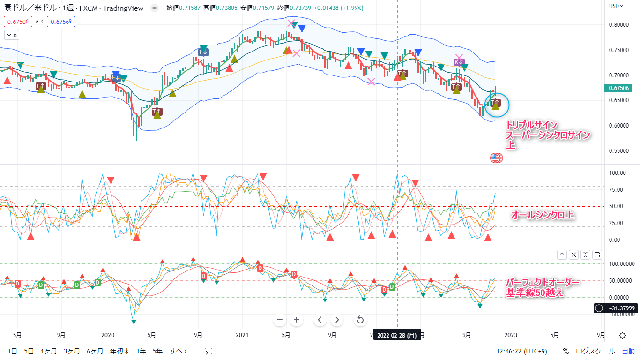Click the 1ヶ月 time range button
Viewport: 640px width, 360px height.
[48, 351]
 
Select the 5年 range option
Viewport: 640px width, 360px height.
[158, 351]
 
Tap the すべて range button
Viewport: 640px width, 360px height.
[179, 351]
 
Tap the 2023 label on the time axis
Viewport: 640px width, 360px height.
[511, 335]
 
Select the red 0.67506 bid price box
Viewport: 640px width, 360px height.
[17, 21]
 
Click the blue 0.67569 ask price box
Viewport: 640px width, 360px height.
[61, 21]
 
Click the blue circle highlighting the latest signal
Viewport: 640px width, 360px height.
[496, 105]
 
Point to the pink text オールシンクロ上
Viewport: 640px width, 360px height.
[543, 215]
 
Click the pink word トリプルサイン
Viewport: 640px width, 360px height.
[531, 125]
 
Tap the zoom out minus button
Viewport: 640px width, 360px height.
[280, 320]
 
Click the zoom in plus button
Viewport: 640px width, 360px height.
[296, 320]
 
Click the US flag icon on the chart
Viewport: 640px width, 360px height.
[496, 158]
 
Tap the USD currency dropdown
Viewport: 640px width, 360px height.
[616, 6]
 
